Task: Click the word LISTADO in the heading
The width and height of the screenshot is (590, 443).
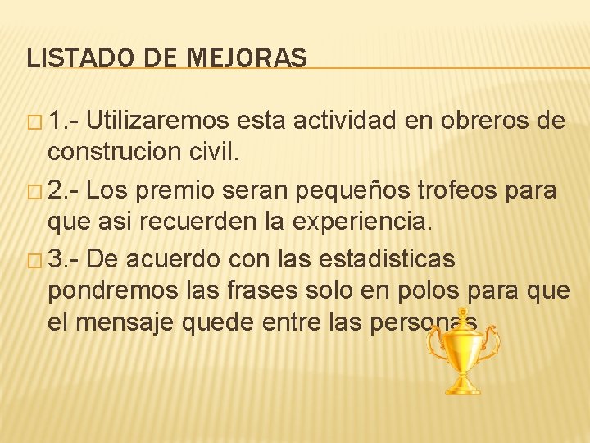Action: click(x=71, y=58)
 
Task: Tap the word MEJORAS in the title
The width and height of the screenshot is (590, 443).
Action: click(x=247, y=58)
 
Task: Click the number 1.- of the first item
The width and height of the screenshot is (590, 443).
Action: click(x=63, y=122)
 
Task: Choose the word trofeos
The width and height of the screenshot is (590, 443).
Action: click(x=475, y=191)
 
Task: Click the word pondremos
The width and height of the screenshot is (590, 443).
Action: click(x=104, y=290)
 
